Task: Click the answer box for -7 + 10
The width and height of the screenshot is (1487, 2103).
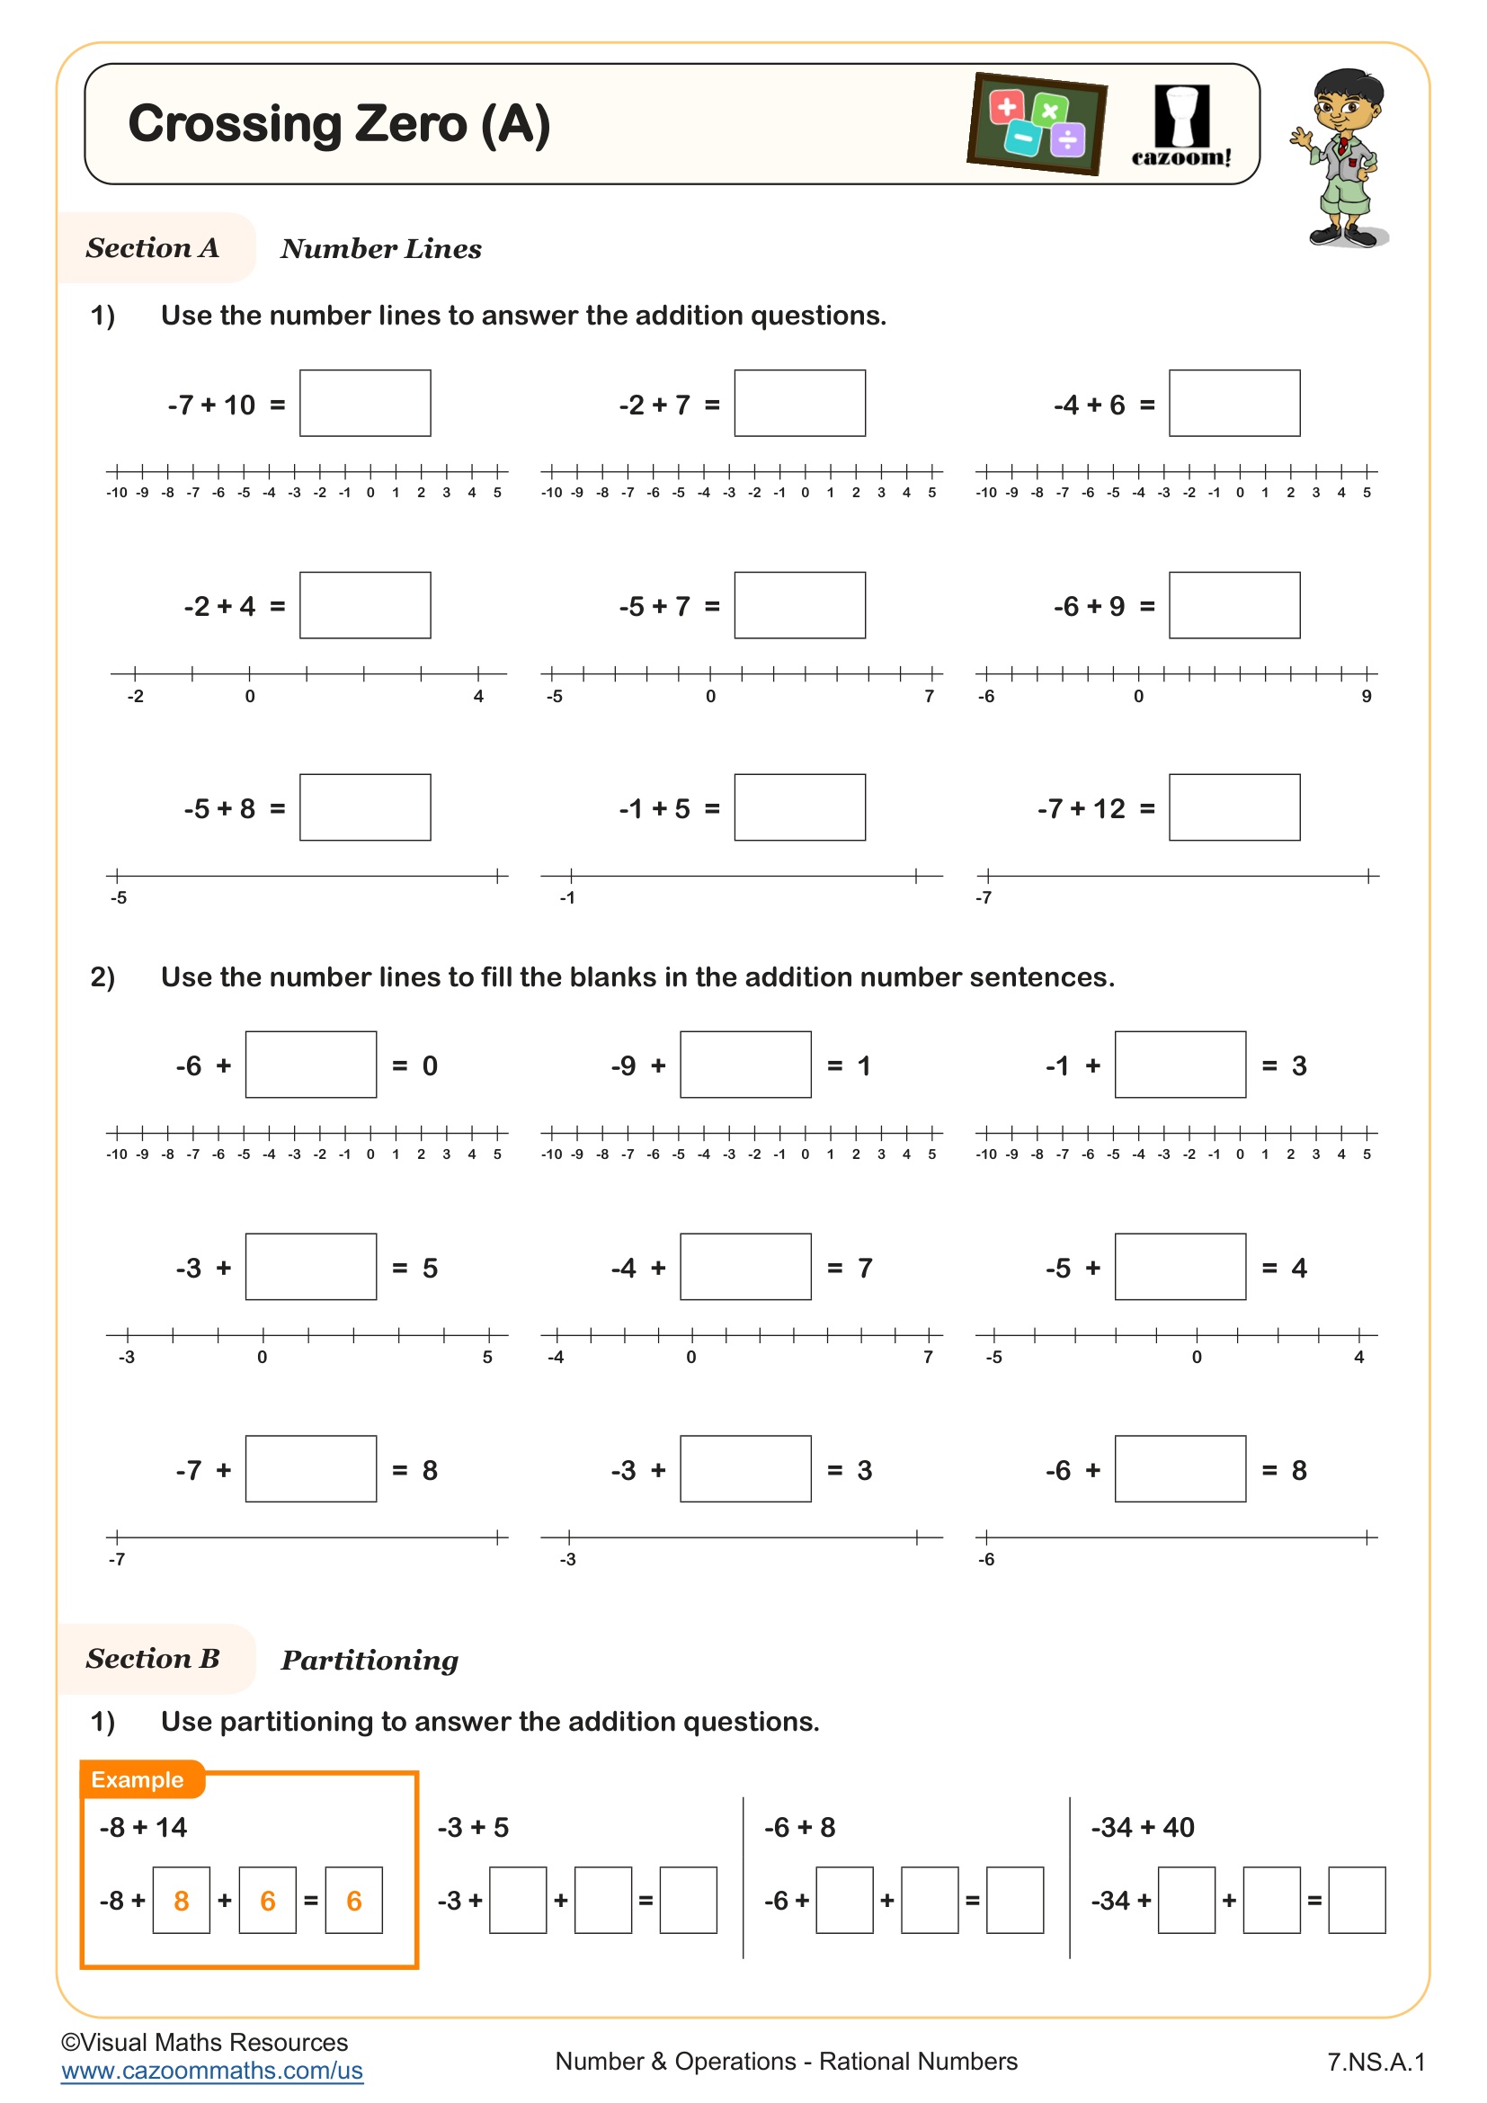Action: [x=364, y=403]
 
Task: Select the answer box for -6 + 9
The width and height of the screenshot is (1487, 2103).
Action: [x=1233, y=605]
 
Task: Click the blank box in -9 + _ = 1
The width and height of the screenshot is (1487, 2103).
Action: [x=745, y=1065]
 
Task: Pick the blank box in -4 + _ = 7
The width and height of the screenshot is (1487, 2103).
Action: [x=745, y=1267]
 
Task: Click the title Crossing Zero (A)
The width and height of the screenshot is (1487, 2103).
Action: [x=339, y=124]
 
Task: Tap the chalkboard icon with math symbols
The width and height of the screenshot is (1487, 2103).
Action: [x=1037, y=124]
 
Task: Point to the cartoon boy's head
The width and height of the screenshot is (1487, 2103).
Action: [x=1346, y=101]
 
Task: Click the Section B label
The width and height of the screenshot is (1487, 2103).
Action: [x=153, y=1659]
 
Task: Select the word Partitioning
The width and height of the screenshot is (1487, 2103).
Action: [x=369, y=1660]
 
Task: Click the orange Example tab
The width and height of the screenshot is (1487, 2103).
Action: [x=138, y=1778]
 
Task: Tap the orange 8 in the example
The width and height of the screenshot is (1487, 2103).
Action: [x=182, y=1901]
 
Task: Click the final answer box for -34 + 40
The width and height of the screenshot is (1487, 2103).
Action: [x=1356, y=1901]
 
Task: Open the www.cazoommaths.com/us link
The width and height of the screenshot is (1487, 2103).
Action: [x=212, y=2071]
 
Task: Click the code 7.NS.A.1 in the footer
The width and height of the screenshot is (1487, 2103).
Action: [x=1376, y=2062]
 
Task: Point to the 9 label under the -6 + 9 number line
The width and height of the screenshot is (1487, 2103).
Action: [x=1366, y=696]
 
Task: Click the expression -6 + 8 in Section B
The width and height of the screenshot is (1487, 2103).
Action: [x=799, y=1827]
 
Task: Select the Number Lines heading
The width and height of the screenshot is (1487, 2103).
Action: [x=381, y=248]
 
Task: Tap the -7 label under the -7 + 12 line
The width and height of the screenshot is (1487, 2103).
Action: [x=983, y=897]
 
